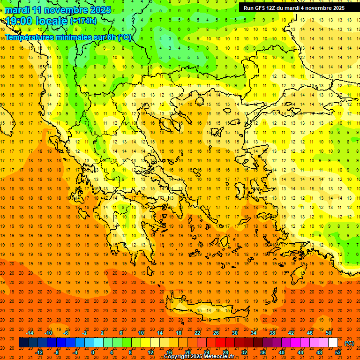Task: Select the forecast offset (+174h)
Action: [83, 21]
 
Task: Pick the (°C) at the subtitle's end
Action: [124, 37]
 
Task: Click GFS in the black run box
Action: [260, 8]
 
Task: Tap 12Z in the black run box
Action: [272, 8]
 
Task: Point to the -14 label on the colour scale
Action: [30, 333]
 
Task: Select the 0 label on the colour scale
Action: [93, 352]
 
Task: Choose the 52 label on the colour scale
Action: [338, 352]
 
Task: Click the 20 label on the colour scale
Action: [187, 352]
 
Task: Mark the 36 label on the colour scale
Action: [262, 352]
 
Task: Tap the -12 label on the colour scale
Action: [39, 352]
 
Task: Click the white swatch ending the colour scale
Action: [333, 343]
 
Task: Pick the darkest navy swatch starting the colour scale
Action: [24, 343]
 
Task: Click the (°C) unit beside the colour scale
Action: [349, 343]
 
